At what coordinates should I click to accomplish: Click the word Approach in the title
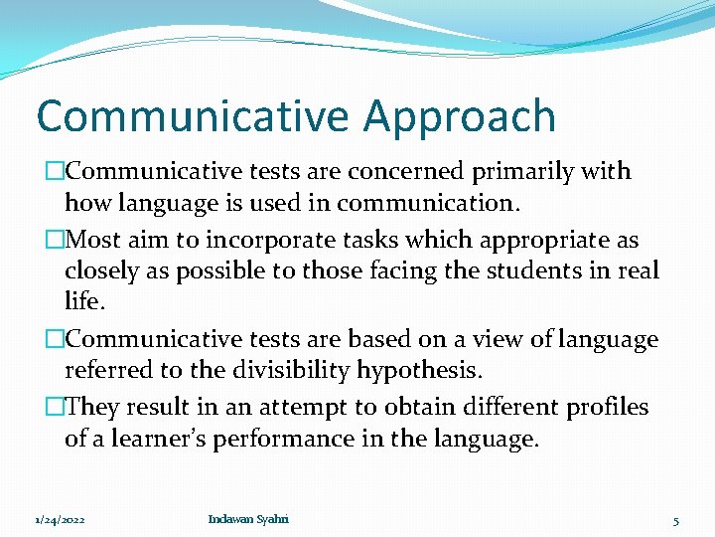[x=459, y=116]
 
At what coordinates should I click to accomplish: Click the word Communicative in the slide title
[x=193, y=116]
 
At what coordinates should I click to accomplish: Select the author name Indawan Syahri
[x=248, y=519]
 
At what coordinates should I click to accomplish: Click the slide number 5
[x=675, y=520]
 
